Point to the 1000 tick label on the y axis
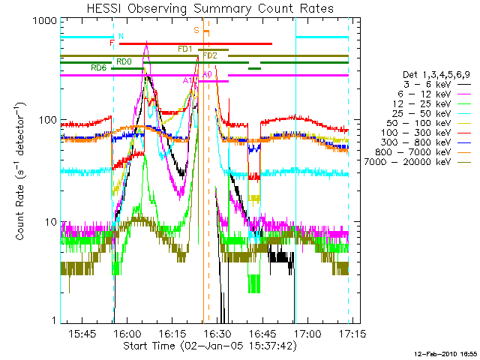click(x=43, y=22)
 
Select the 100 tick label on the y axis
click(x=46, y=120)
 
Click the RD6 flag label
click(x=98, y=68)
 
